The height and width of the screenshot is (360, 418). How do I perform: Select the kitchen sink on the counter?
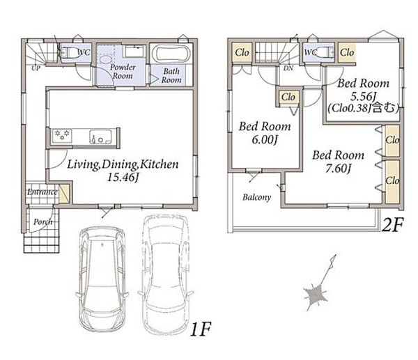pos(100,136)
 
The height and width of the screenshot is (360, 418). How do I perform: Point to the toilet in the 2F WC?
pos(325,52)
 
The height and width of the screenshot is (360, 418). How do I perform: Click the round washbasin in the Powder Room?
pos(106,60)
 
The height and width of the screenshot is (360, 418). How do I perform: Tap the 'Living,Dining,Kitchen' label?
pos(123,164)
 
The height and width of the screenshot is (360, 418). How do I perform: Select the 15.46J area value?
pos(123,177)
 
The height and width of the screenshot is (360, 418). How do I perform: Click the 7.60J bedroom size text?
pos(338,169)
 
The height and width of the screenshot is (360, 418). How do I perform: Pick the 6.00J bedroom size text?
pos(264,139)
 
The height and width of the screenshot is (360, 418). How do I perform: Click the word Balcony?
pos(256,198)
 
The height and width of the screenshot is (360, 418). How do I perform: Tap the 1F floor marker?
pos(201,329)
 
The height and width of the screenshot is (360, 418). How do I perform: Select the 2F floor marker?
pos(392,225)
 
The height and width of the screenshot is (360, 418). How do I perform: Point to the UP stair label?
pos(36,68)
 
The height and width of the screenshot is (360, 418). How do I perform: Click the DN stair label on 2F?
pos(288,68)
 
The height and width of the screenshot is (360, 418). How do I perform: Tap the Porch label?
pos(42,221)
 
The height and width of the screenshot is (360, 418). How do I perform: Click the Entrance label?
pos(42,192)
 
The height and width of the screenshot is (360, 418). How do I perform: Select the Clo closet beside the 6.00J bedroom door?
pos(288,97)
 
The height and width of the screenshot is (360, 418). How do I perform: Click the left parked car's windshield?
pos(102,245)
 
